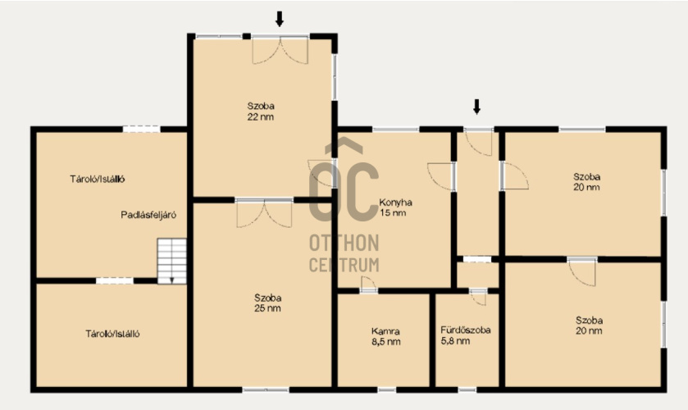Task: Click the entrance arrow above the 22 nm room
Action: pos(279,19)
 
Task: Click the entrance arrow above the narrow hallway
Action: pos(476,107)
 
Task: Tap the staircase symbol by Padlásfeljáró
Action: pos(172,262)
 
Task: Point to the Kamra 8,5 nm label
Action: pos(385,337)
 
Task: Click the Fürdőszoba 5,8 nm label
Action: pos(466,335)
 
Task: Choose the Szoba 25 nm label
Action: pos(267,303)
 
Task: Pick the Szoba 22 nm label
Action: pos(261,111)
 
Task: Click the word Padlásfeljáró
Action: pos(148,215)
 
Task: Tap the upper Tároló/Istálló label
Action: pos(98,179)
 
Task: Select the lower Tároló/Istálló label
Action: pos(112,334)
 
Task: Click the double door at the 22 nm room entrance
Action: pos(280,50)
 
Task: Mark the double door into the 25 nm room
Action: pos(264,213)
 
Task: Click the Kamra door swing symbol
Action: pos(368,284)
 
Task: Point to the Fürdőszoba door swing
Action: pos(478,297)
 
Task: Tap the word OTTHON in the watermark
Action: pos(344,243)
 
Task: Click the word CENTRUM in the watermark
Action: pos(344,265)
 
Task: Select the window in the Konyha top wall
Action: pos(396,129)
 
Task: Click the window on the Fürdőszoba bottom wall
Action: pos(467,389)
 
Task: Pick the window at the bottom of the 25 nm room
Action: pos(266,389)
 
